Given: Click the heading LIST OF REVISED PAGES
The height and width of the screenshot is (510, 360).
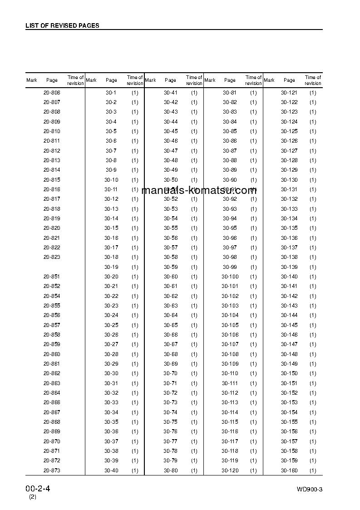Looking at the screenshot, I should [x=62, y=25].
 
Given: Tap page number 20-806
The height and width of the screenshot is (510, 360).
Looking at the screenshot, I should [x=52, y=93].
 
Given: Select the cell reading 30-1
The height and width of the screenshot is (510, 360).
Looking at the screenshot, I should [x=111, y=93].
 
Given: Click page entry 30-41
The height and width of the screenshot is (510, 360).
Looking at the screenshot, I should [x=171, y=93].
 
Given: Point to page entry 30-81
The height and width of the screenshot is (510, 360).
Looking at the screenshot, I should [x=230, y=93].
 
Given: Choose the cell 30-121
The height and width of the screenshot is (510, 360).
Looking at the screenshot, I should [x=289, y=93].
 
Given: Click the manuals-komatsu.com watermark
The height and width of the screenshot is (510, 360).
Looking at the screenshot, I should [x=199, y=190].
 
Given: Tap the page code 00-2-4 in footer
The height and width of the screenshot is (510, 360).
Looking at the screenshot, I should [x=38, y=489].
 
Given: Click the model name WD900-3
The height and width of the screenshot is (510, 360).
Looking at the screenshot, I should [x=310, y=489].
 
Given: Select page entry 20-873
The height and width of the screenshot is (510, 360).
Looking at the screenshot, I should [x=52, y=470].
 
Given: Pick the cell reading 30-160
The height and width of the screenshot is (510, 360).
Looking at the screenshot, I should [x=289, y=470].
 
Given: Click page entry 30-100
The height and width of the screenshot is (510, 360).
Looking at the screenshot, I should [x=230, y=277].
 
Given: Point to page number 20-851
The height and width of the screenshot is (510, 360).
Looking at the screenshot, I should [x=52, y=277].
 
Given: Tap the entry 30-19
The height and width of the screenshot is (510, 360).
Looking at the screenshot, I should [x=111, y=267].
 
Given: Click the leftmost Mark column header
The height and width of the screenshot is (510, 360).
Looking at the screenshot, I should [x=32, y=80].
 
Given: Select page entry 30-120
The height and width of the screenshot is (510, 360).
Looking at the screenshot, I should [x=230, y=470].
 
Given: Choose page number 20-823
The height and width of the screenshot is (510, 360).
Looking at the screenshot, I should [x=52, y=257].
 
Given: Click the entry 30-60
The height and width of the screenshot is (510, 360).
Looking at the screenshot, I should [x=171, y=277].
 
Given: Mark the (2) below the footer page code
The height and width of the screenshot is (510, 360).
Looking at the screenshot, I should [x=33, y=497].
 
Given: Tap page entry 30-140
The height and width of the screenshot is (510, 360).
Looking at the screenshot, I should [x=289, y=277].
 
